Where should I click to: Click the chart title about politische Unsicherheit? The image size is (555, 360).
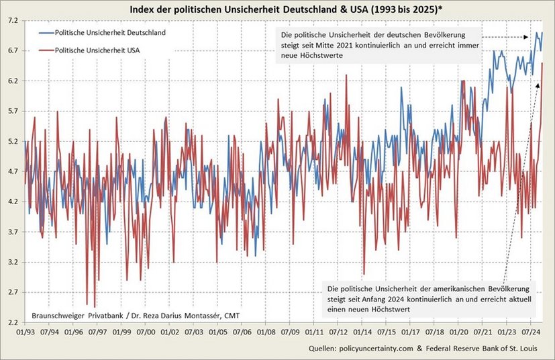pos(277,9)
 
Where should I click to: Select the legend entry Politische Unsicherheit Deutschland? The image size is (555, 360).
pos(110,32)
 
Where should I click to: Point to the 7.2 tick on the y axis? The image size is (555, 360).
pos(13,21)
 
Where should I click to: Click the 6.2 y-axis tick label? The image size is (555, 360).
pos(13,81)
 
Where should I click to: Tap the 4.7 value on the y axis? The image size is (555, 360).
pos(13,171)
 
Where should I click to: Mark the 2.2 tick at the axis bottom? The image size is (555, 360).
pos(13,322)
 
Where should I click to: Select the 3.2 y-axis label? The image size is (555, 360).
pos(13,262)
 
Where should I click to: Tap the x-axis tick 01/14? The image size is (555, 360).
pos(362,332)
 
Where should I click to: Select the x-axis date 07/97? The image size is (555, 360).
pos(97,332)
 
